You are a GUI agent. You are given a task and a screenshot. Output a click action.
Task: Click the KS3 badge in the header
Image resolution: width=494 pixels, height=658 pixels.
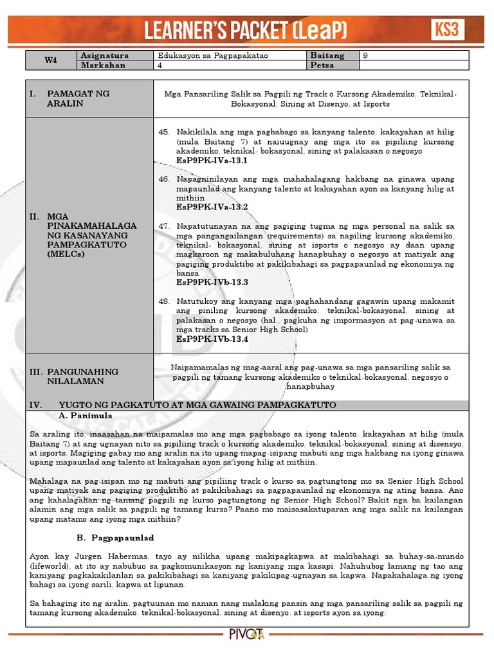pyautogui.click(x=447, y=30)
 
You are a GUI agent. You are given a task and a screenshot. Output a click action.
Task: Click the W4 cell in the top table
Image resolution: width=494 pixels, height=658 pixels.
pyautogui.click(x=51, y=60)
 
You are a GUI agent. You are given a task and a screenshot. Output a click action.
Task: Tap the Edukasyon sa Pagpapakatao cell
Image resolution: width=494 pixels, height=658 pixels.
pyautogui.click(x=204, y=56)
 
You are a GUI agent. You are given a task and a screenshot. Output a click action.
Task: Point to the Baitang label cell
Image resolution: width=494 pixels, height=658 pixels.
pyautogui.click(x=327, y=56)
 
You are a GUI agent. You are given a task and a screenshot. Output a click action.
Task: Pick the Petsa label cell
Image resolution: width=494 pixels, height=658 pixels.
pyautogui.click(x=322, y=66)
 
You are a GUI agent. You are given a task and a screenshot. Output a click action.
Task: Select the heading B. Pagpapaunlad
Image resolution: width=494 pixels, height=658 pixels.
pyautogui.click(x=111, y=537)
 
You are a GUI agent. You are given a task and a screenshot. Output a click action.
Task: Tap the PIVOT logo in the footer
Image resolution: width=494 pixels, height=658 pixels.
pyautogui.click(x=247, y=636)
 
